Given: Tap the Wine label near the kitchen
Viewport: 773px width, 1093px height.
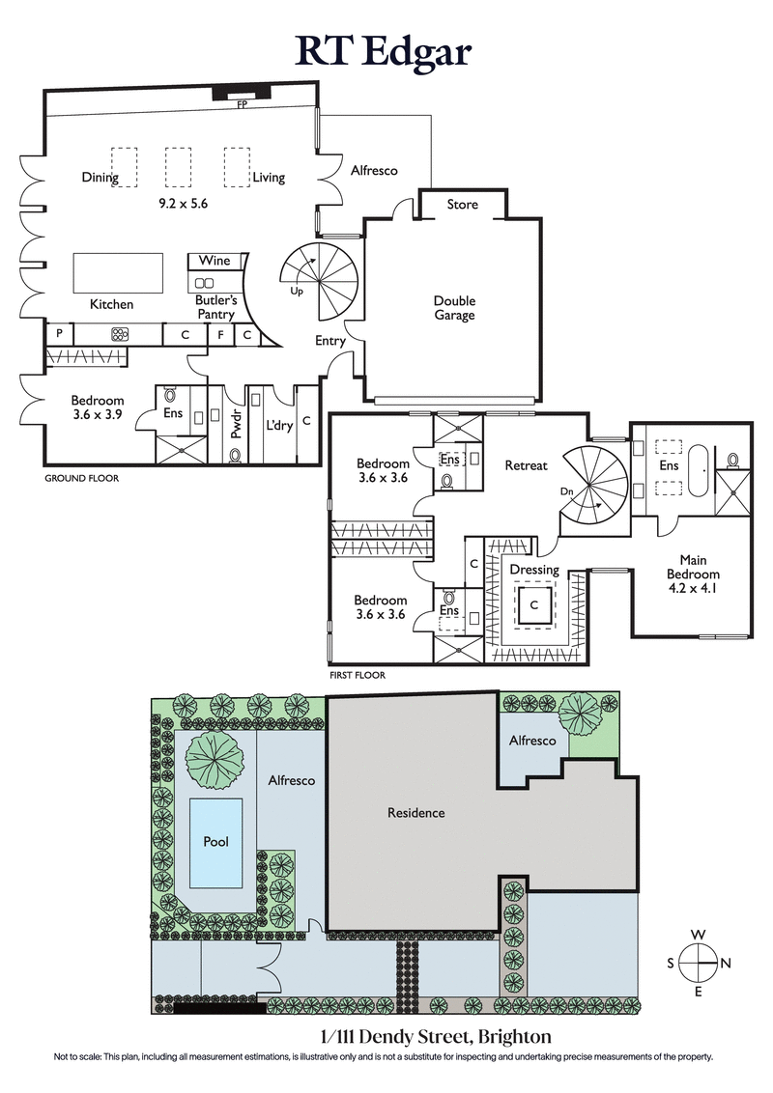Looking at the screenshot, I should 214,261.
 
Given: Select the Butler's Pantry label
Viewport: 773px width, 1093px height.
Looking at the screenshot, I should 216,307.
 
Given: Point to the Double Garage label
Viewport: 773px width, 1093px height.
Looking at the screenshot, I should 454,308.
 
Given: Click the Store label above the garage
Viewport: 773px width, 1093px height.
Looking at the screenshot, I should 463,205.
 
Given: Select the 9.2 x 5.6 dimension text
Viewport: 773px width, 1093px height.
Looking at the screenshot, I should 185,205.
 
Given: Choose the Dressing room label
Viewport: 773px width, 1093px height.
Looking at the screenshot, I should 534,570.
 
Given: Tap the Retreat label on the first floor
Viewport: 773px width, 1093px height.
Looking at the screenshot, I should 527,465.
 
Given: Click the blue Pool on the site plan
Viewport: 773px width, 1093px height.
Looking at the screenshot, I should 215,842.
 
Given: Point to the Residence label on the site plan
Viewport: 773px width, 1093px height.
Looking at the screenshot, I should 416,813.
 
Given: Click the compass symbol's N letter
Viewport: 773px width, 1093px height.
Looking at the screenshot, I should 727,963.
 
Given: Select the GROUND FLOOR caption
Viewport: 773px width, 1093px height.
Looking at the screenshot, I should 82,478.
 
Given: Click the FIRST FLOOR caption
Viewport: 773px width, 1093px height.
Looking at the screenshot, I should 357,675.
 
